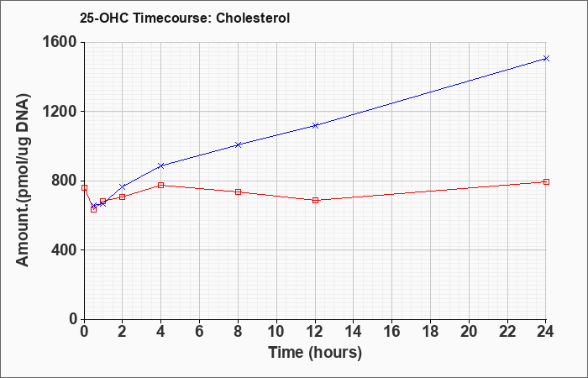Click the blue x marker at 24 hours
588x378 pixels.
[x=546, y=58]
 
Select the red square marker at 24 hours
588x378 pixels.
[x=546, y=182]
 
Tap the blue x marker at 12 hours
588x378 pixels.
[x=315, y=125]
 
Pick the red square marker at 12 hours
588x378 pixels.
[x=315, y=200]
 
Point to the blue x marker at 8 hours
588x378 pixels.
[x=238, y=144]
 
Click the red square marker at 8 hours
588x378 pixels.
[x=238, y=192]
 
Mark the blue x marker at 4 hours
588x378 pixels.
[x=161, y=165]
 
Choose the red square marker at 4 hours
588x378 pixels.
[x=161, y=186]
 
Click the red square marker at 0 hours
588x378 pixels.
[x=84, y=187]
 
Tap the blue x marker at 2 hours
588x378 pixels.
[x=123, y=186]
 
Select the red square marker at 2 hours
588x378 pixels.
[x=123, y=197]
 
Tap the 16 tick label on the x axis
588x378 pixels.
[x=392, y=332]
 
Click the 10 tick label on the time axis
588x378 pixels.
[x=276, y=332]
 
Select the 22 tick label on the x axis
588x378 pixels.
[x=507, y=332]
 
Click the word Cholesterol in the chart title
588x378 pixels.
[x=253, y=18]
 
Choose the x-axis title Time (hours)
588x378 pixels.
[x=315, y=353]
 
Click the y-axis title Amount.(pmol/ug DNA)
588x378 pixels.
[x=24, y=181]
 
